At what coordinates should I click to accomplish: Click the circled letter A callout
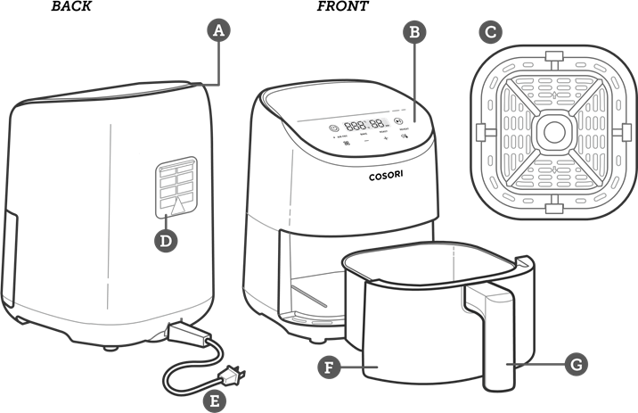pyautogui.click(x=218, y=30)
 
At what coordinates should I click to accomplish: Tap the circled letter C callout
pyautogui.click(x=489, y=33)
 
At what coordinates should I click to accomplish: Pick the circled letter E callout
pyautogui.click(x=213, y=401)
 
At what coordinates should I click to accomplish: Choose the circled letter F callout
pyautogui.click(x=329, y=366)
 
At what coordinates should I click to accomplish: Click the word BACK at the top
pyautogui.click(x=71, y=6)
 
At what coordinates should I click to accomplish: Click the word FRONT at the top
pyautogui.click(x=343, y=6)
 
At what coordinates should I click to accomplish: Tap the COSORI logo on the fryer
pyautogui.click(x=387, y=176)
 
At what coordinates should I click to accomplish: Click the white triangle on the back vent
pyautogui.click(x=181, y=206)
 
